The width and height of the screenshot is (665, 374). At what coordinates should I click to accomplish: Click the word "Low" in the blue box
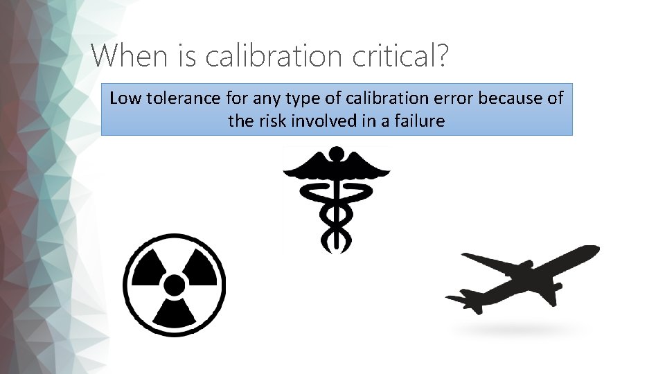125,98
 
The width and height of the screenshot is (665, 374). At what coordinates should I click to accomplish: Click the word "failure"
419,121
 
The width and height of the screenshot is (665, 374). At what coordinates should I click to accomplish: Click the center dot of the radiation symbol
175,285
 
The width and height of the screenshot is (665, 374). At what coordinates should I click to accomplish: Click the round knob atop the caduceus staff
336,153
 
